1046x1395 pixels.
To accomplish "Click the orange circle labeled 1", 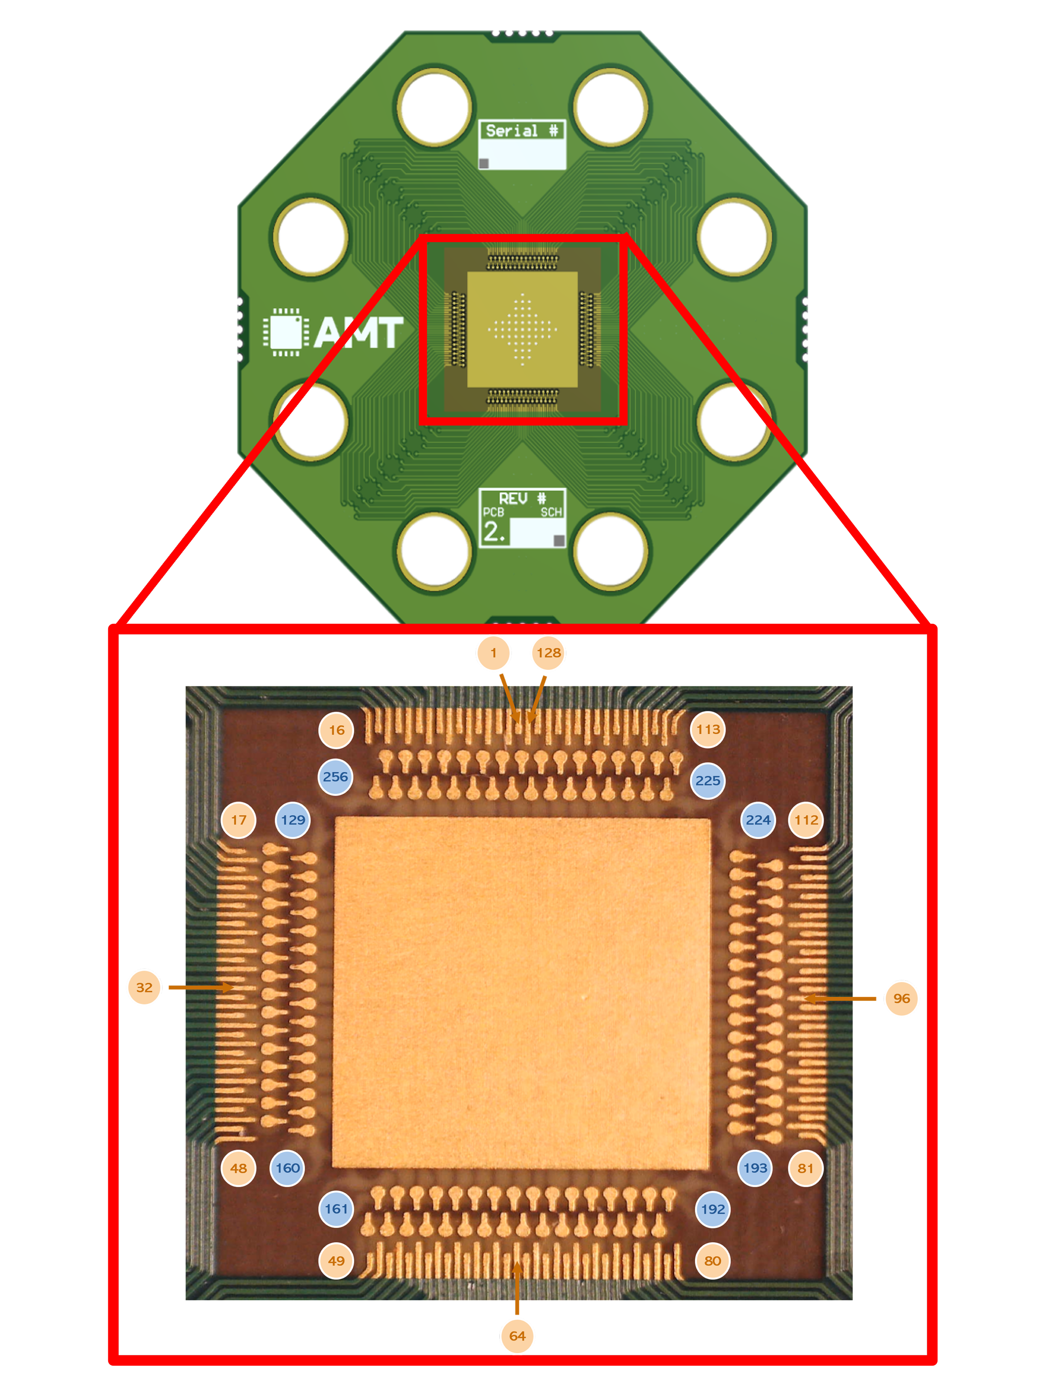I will (x=494, y=653).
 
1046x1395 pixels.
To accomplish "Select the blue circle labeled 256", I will (x=335, y=777).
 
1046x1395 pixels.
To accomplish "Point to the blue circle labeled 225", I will (x=707, y=781).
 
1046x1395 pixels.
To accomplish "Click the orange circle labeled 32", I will (x=144, y=988).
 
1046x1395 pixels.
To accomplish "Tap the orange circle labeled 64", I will (x=517, y=1336).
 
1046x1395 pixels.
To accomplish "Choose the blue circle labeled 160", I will (x=288, y=1168).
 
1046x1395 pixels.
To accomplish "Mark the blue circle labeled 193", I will (x=755, y=1168).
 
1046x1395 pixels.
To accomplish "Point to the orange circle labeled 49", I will (x=336, y=1261).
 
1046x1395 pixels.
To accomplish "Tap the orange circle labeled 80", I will (x=712, y=1261).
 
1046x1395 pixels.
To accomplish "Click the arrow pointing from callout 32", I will (x=200, y=988).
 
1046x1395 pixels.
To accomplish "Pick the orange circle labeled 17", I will (x=238, y=820).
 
